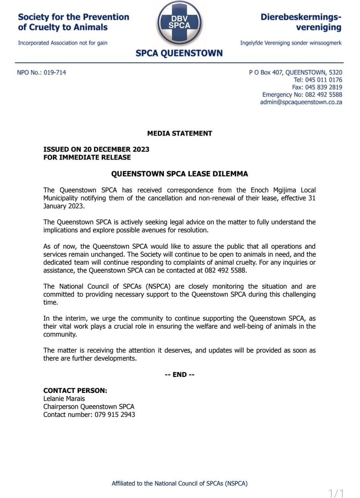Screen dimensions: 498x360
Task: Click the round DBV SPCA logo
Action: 179,23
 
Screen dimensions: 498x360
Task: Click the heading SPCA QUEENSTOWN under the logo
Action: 179,53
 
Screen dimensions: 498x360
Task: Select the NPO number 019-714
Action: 55,72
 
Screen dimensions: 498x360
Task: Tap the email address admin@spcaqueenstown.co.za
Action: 301,102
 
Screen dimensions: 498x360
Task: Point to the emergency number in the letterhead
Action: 323,95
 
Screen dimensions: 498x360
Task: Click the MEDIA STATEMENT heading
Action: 179,133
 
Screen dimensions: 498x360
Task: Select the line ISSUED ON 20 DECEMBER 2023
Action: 96,149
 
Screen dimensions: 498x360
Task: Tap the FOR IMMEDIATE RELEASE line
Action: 87,157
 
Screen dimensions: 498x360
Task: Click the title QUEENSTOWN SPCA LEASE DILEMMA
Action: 179,174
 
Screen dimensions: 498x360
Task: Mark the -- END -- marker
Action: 179,375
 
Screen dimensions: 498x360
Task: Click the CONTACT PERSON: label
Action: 75,391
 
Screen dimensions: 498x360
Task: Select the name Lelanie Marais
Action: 64,399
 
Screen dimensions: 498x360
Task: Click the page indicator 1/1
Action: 336,493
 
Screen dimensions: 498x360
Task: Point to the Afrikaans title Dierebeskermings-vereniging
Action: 301,22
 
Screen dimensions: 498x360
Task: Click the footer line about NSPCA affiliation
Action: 179,484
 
